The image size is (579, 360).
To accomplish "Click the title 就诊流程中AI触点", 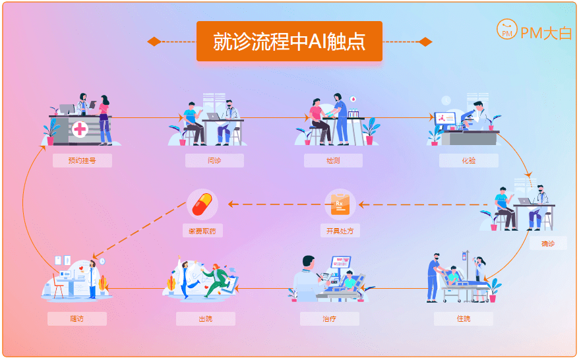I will pyautogui.click(x=289, y=42).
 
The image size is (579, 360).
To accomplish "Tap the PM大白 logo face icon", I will pyautogui.click(x=506, y=30).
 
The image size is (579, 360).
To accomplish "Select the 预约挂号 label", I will pyautogui.click(x=82, y=160).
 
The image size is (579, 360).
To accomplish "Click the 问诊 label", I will pyautogui.click(x=214, y=160).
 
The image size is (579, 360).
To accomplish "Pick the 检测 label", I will pyautogui.click(x=333, y=160).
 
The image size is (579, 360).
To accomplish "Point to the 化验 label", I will pyautogui.click(x=469, y=160).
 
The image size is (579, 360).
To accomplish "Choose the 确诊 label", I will pyautogui.click(x=548, y=243).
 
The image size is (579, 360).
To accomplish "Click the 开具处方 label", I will pyautogui.click(x=340, y=231).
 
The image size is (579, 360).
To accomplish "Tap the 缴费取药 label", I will pyautogui.click(x=202, y=231).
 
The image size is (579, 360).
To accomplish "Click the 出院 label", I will pyautogui.click(x=206, y=319).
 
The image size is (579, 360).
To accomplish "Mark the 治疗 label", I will pyautogui.click(x=330, y=319).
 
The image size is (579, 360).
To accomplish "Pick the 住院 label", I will pyautogui.click(x=464, y=319).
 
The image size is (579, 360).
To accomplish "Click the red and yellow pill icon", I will pyautogui.click(x=202, y=204).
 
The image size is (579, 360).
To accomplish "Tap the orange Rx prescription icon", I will pyautogui.click(x=340, y=204).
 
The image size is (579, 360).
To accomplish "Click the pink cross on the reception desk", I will pyautogui.click(x=80, y=129).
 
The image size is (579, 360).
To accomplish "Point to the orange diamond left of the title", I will pyautogui.click(x=154, y=42).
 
